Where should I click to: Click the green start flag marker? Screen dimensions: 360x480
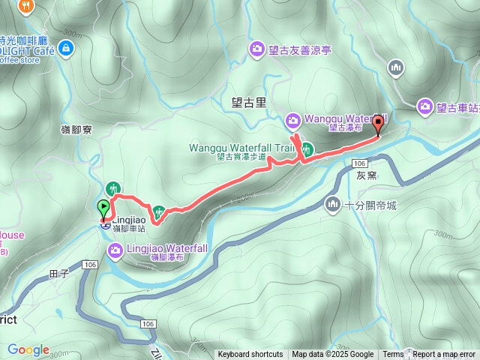pos(103,208)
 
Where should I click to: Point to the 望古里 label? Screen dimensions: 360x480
pos(249,102)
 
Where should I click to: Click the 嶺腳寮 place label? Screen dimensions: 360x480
pos(76,130)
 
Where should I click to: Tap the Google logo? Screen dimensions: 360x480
pos(28,350)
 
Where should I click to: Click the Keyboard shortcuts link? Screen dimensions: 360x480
pos(250,355)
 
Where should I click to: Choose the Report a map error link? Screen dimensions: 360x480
pos(445,355)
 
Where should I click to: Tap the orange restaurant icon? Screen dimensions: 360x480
pos(27,6)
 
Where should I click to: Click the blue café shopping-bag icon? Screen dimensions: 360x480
pos(67,49)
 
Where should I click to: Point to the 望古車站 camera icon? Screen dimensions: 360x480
pos(425,107)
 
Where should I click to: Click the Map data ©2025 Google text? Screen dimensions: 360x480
pos(332,355)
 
